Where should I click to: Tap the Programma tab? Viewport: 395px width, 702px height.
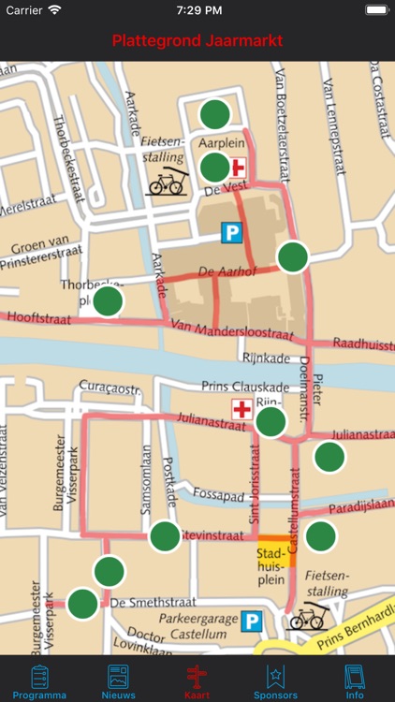[39, 681]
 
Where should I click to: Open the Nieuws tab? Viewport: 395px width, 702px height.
[118, 681]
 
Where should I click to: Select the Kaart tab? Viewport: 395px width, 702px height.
[197, 681]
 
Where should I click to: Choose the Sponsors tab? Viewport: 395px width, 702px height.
[275, 681]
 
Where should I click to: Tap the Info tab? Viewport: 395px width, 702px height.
[355, 681]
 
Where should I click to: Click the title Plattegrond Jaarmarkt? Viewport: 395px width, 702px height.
[197, 41]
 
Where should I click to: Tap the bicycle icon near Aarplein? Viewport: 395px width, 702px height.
[167, 182]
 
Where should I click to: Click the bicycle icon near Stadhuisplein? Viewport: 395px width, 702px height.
[306, 617]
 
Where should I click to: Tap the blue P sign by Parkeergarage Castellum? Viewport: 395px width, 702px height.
[251, 622]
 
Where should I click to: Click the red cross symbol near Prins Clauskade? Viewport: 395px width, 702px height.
[242, 409]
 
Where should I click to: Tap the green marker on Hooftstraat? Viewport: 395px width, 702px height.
[109, 301]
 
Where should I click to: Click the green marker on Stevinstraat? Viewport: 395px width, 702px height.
[165, 536]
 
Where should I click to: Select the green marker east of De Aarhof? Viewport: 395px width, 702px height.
[293, 256]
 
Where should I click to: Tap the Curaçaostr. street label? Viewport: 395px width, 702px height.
[109, 386]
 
